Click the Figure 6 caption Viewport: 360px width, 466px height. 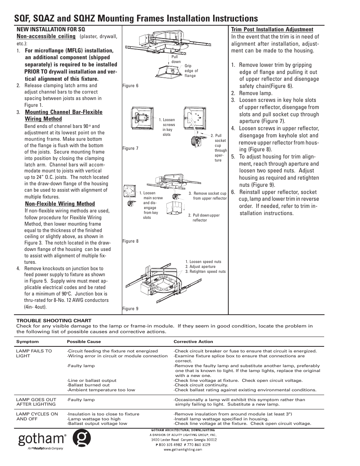[x=131, y=86]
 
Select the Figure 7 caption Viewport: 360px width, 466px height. [x=131, y=148]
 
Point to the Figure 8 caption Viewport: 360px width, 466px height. [x=131, y=241]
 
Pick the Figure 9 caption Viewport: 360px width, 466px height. [x=131, y=309]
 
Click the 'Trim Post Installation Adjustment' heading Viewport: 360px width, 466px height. [x=272, y=29]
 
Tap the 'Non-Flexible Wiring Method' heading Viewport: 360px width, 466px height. [x=60, y=204]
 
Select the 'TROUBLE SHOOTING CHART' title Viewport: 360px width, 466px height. [x=54, y=321]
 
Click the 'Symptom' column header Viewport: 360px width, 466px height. [x=27, y=341]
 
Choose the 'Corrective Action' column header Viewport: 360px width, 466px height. [x=193, y=341]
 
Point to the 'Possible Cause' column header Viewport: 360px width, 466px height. [x=84, y=341]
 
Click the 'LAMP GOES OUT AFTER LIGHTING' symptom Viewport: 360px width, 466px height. [x=36, y=402]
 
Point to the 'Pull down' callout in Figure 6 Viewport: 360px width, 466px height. [x=176, y=59]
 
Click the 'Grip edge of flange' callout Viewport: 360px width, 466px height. [x=191, y=71]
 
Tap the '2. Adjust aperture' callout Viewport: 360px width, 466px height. [x=200, y=266]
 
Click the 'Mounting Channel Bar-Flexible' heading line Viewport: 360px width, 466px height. [x=63, y=112]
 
